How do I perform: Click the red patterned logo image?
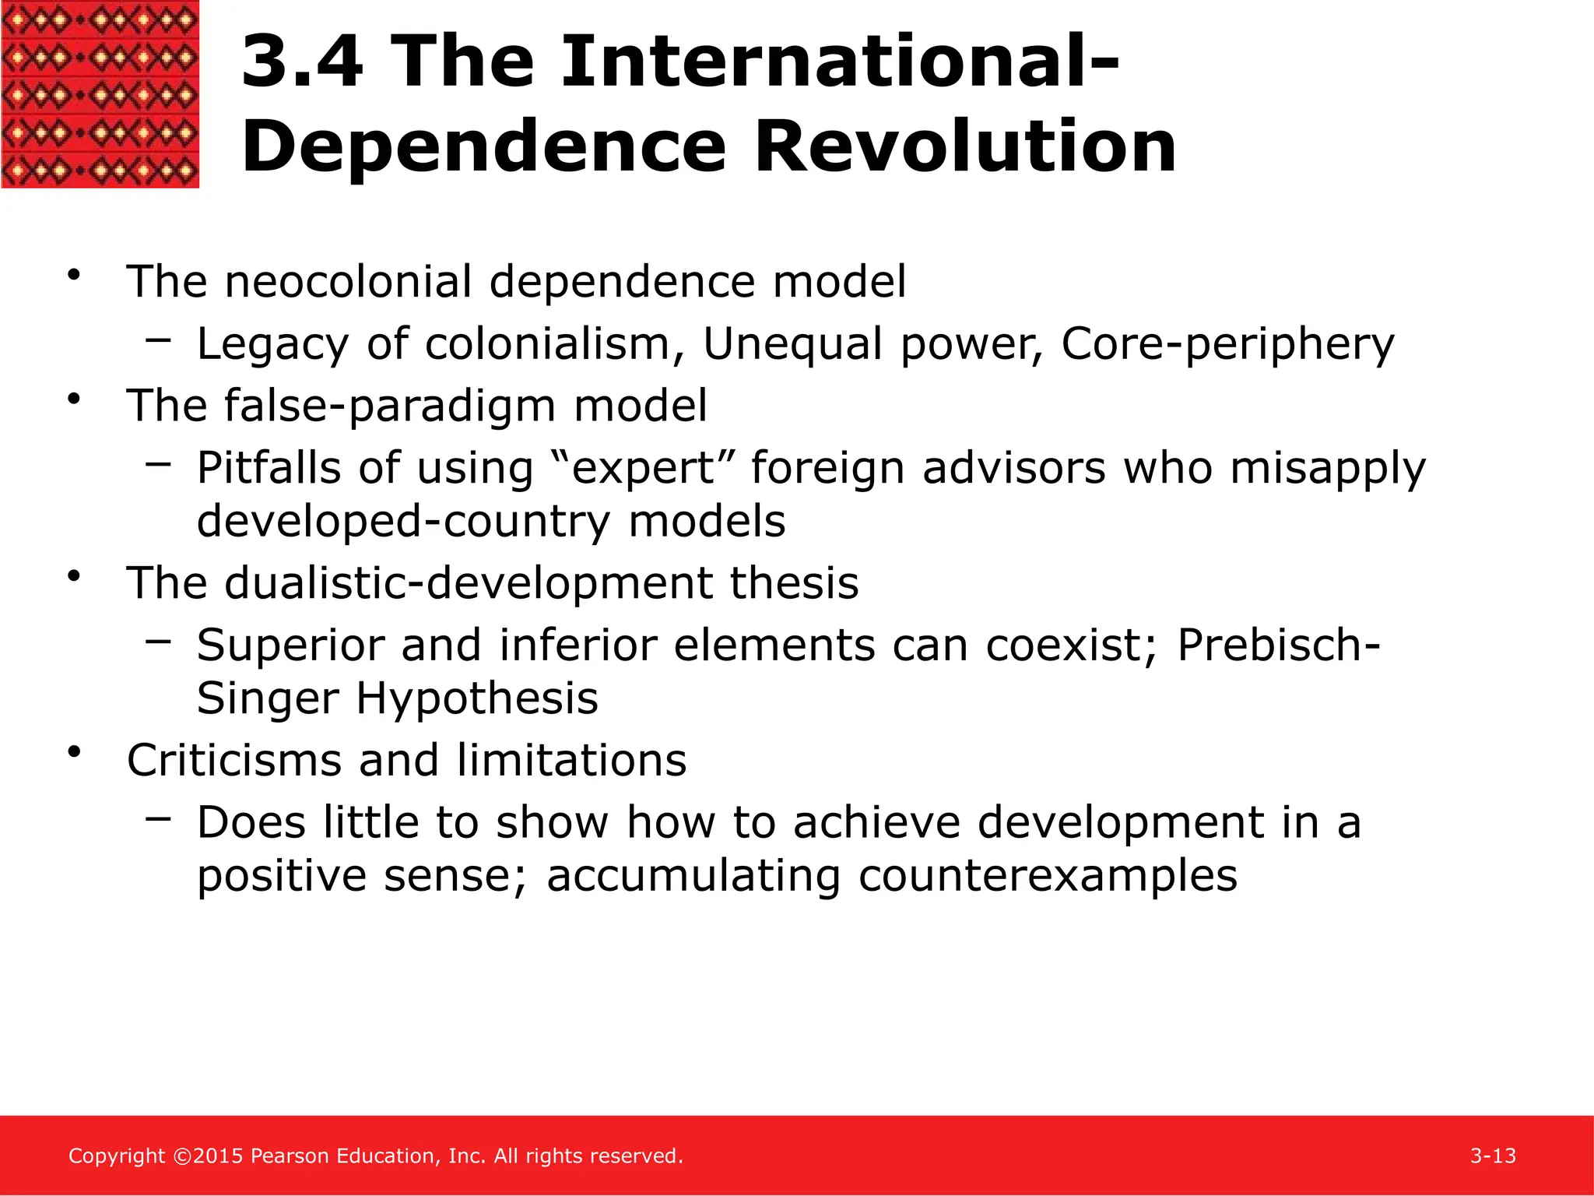coord(100,93)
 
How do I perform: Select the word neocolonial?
coord(348,281)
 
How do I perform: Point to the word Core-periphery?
coord(1227,344)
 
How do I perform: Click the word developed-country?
coord(403,521)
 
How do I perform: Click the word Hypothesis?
coord(477,698)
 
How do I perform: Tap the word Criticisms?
coord(233,760)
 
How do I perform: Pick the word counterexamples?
coord(1048,876)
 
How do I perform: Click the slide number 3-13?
coord(1493,1156)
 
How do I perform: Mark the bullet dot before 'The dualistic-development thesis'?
coord(75,577)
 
